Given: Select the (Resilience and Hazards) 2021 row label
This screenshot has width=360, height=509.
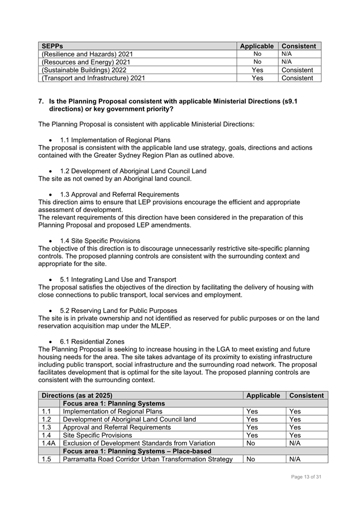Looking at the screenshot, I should coord(87,54).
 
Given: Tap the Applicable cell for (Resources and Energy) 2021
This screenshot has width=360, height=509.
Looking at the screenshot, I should coord(257,62).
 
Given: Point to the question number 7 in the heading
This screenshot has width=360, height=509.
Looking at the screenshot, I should coord(41,101).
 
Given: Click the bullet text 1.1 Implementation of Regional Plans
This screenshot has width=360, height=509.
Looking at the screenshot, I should coord(115,140).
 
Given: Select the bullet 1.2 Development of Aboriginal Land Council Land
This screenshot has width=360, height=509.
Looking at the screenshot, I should coord(133,171).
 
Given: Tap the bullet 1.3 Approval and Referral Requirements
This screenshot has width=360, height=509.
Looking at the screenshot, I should coord(119,195).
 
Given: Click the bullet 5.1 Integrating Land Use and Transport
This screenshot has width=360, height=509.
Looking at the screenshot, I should coord(118,279).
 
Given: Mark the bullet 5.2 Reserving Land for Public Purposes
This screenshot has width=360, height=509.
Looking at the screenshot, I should coord(118,310).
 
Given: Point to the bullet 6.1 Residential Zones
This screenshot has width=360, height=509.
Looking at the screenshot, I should coord(92,341).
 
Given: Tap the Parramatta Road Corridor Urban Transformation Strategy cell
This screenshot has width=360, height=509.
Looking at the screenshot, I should coord(147,459).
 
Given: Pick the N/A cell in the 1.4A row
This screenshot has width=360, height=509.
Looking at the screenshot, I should coord(295,443).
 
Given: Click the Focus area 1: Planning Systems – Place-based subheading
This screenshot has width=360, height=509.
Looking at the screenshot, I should coord(137,451).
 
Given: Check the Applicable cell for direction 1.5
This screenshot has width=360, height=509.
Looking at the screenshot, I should coord(250,459).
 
